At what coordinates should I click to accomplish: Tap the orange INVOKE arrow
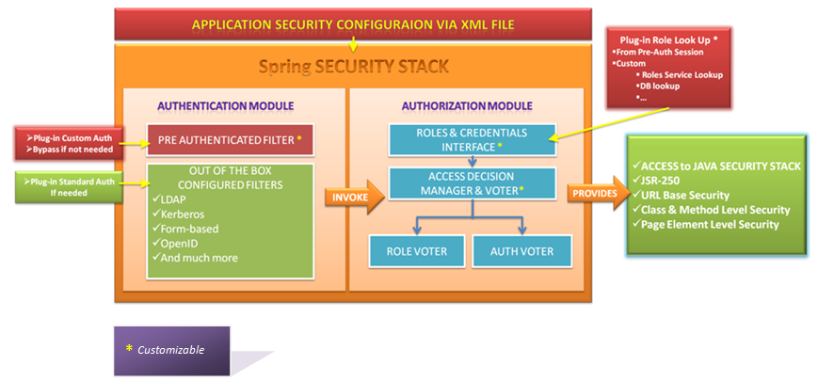point(356,196)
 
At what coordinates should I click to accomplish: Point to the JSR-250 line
point(664,181)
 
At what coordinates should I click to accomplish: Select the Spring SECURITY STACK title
point(354,67)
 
